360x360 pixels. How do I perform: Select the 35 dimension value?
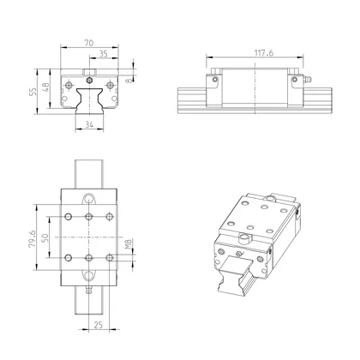coord(104,53)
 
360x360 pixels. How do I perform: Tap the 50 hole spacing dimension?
coord(45,236)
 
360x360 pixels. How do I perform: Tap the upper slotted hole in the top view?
coord(89,199)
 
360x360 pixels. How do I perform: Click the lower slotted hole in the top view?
coord(89,275)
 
